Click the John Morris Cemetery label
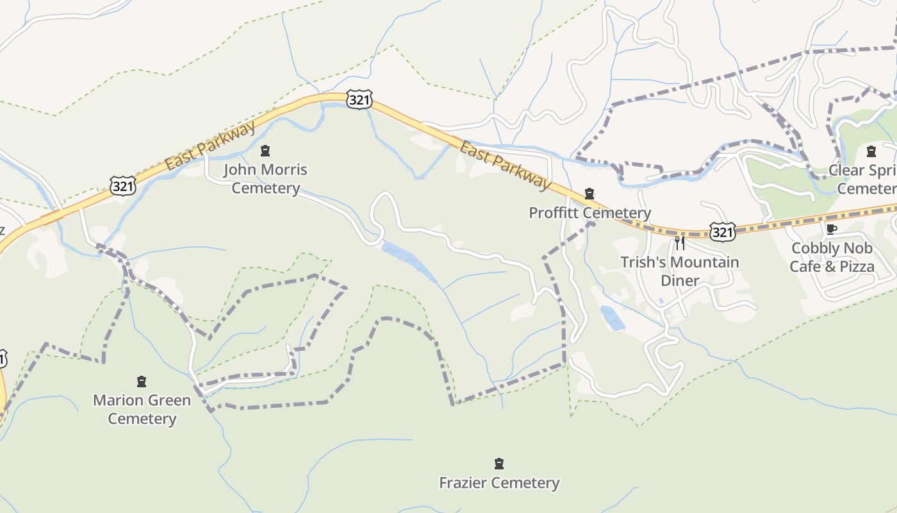(x=265, y=179)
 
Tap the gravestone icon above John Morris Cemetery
(x=265, y=151)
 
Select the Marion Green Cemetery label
(x=142, y=409)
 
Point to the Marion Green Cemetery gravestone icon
(x=142, y=382)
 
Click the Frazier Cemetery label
(x=499, y=483)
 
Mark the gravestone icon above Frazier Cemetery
(x=499, y=464)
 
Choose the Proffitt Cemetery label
(x=589, y=213)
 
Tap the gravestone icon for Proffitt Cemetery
(x=589, y=194)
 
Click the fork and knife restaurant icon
(x=680, y=243)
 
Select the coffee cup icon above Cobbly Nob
(x=832, y=230)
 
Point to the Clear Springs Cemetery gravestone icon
(x=871, y=152)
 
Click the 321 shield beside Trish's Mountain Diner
(x=722, y=231)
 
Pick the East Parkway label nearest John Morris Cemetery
(x=210, y=146)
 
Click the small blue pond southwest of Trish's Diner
(x=612, y=317)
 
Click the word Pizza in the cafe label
(x=855, y=266)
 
